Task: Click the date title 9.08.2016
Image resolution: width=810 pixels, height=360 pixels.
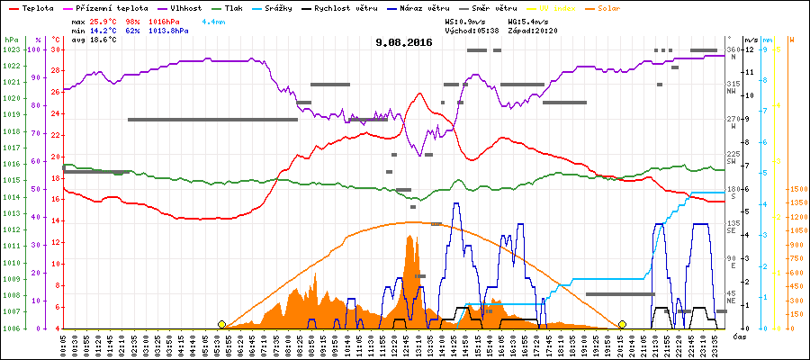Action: point(404,41)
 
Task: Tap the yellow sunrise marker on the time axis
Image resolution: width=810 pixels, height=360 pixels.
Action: point(221,324)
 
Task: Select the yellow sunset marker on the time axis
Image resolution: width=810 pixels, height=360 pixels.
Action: point(622,324)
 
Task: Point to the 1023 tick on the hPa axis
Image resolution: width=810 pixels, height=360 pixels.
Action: point(11,49)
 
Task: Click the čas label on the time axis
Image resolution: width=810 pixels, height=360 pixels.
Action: point(738,337)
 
